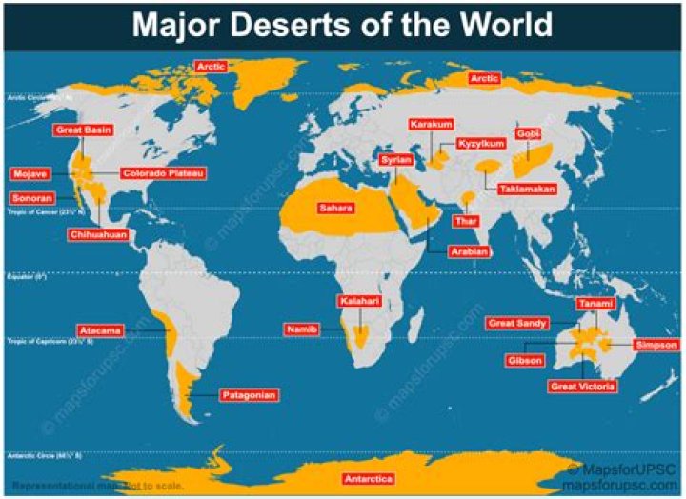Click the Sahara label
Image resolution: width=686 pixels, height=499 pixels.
(x=335, y=208)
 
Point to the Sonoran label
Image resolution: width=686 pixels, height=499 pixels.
(x=30, y=197)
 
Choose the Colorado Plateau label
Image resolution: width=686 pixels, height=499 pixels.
(x=162, y=173)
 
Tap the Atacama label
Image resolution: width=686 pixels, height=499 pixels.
(x=100, y=330)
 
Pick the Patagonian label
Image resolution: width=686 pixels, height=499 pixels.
(x=249, y=394)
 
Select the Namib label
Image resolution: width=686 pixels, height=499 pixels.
(x=298, y=329)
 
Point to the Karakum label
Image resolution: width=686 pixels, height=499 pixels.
(x=431, y=125)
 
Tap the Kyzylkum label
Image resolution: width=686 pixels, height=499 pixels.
(x=480, y=144)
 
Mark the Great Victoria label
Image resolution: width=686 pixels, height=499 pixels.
(x=582, y=386)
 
